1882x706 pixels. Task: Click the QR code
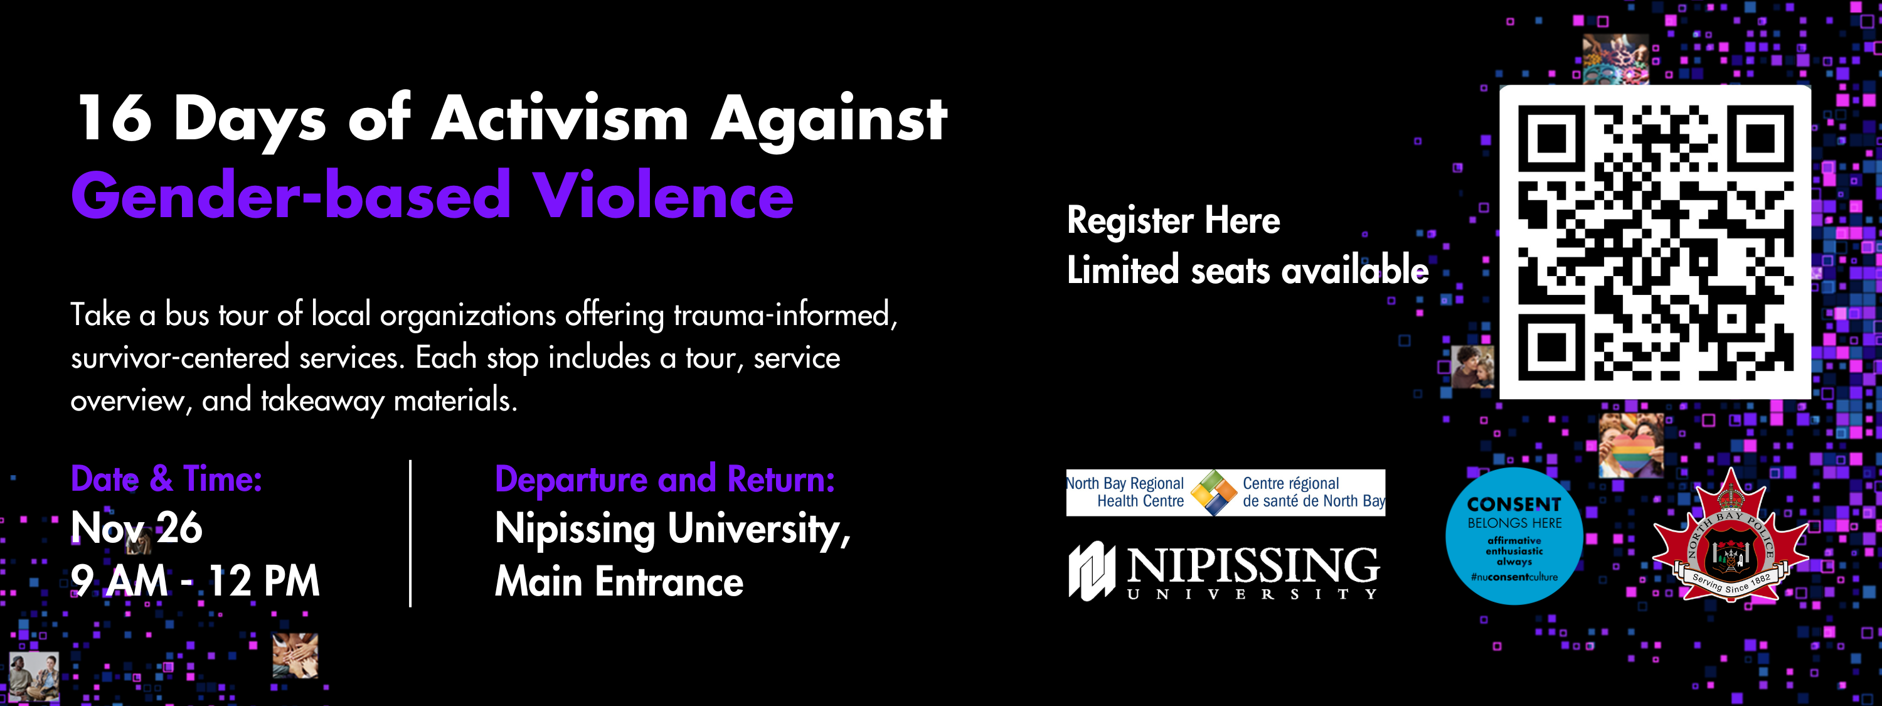(x=1655, y=242)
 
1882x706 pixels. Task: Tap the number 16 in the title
(x=115, y=119)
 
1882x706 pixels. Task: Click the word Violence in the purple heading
(x=662, y=196)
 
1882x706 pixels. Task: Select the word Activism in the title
(x=560, y=119)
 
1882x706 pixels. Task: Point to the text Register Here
(x=1173, y=221)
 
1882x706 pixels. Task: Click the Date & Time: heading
(x=167, y=479)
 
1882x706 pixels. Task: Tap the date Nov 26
(x=137, y=528)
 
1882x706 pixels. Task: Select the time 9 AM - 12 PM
(x=195, y=581)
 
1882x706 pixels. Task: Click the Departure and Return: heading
(x=665, y=479)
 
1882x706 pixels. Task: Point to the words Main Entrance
(x=619, y=582)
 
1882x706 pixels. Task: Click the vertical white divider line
(x=411, y=533)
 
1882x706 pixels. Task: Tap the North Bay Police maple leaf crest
(x=1730, y=541)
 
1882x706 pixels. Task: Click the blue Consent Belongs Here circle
(x=1514, y=537)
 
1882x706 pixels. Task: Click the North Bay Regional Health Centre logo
(x=1225, y=493)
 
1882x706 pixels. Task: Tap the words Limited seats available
(x=1247, y=270)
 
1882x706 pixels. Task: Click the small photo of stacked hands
(x=295, y=655)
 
